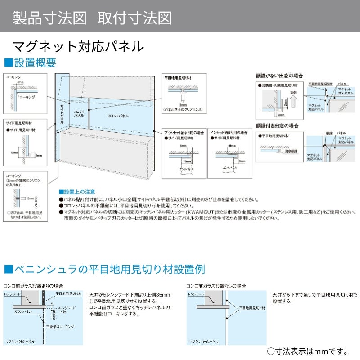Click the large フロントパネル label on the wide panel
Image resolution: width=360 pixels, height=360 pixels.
tap(117, 116)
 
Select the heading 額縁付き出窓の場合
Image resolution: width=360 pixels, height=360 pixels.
tap(277, 126)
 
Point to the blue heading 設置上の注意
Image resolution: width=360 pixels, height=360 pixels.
tap(77, 192)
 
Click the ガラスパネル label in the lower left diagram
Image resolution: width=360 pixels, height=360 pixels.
tap(23, 311)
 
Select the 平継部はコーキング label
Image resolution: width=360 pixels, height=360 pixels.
tap(60, 327)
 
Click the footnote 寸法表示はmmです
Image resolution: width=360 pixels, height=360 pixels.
tap(309, 351)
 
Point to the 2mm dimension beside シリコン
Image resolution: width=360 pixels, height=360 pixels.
tap(30, 198)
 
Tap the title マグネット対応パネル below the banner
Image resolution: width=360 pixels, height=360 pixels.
tap(78, 46)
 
